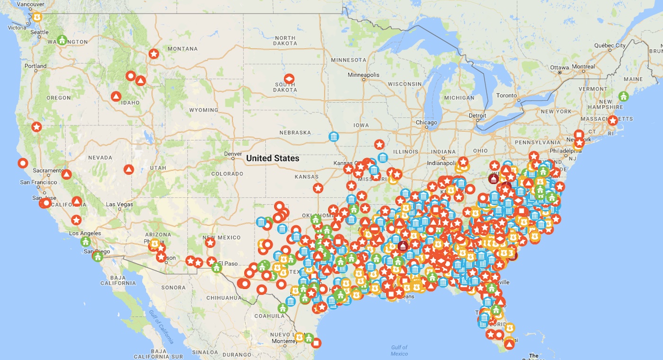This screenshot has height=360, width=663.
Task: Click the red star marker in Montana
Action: tap(153, 54)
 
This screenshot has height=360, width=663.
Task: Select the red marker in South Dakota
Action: tap(289, 78)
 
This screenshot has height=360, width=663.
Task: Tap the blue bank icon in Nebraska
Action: tap(334, 137)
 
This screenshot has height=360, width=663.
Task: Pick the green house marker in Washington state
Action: tap(62, 39)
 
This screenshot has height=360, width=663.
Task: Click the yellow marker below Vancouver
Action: tap(37, 16)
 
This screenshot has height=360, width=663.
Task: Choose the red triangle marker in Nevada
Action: tap(129, 169)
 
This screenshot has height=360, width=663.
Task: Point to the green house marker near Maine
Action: tap(623, 96)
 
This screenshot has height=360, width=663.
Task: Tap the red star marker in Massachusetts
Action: tap(613, 120)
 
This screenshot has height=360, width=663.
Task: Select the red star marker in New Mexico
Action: tap(210, 243)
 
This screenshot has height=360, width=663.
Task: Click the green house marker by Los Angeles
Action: tap(85, 242)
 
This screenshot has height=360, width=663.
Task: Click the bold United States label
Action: tap(273, 158)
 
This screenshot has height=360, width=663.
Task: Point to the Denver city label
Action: tap(233, 154)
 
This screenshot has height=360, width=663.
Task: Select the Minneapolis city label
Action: tap(363, 75)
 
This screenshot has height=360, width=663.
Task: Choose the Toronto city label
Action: tap(507, 95)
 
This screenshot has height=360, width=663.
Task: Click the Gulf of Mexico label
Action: tap(399, 351)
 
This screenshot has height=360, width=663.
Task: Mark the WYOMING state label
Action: tap(204, 110)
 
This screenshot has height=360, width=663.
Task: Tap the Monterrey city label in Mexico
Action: tap(284, 341)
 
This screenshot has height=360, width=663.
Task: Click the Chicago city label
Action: tap(426, 122)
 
